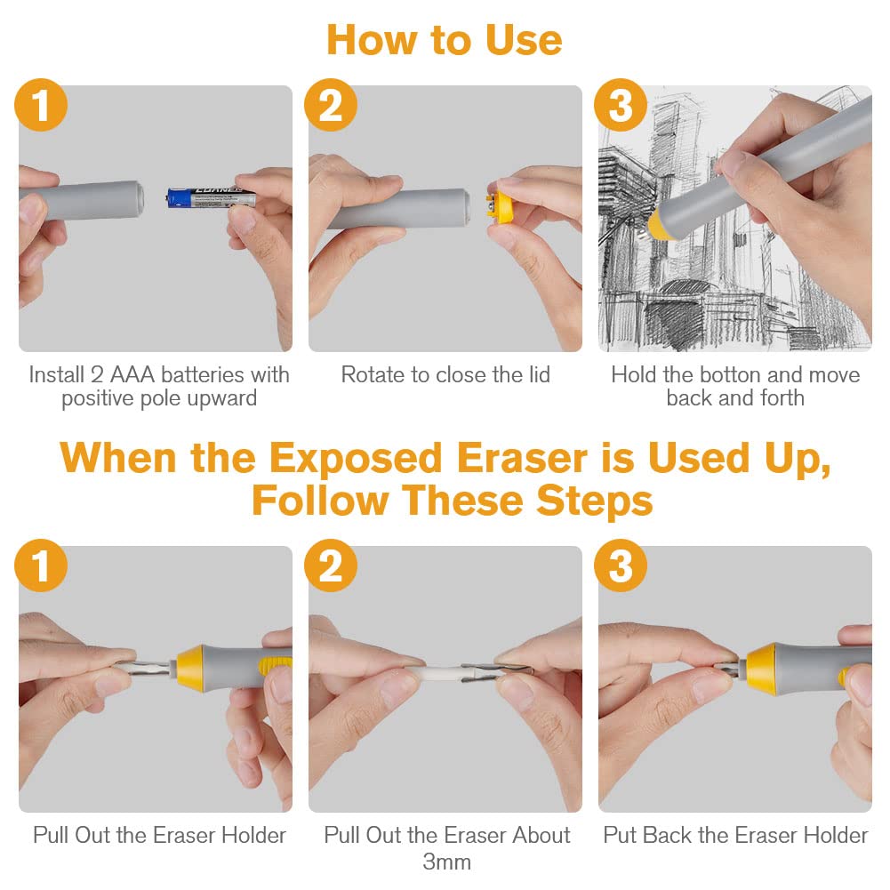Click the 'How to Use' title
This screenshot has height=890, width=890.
click(445, 40)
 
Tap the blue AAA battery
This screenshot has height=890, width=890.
click(211, 197)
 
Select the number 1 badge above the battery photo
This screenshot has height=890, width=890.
click(41, 105)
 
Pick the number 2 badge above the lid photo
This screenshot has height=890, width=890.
click(331, 105)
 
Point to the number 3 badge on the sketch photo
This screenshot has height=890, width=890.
click(621, 105)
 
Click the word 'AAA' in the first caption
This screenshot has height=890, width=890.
click(132, 374)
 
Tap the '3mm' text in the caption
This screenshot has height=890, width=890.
click(446, 862)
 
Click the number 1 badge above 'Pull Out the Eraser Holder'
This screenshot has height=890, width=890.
click(41, 565)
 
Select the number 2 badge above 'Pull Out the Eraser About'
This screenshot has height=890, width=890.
click(331, 565)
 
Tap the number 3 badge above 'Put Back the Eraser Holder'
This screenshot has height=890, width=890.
click(621, 565)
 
